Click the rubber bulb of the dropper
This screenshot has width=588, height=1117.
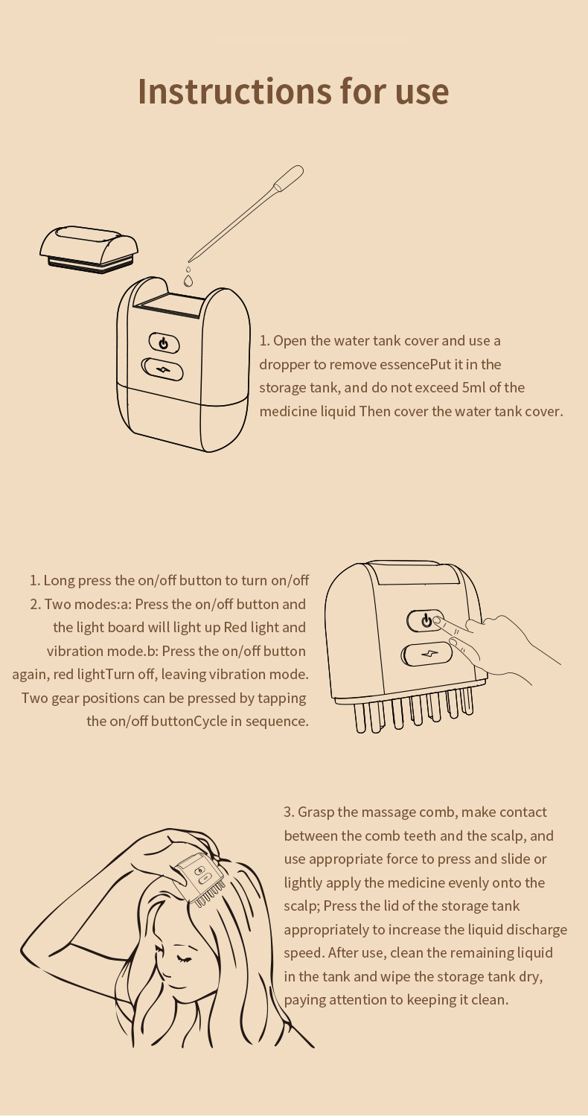click(288, 177)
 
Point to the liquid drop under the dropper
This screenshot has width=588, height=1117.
click(188, 280)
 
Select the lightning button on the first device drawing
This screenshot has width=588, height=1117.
click(162, 369)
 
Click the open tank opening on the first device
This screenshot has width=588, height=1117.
click(170, 307)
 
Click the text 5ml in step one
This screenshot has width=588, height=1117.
click(473, 388)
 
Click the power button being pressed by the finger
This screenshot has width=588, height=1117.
click(425, 621)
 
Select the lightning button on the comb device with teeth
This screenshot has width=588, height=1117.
click(427, 655)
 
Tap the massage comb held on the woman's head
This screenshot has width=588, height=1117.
click(200, 880)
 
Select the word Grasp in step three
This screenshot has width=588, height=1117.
click(316, 812)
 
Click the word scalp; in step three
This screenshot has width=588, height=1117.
click(302, 906)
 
